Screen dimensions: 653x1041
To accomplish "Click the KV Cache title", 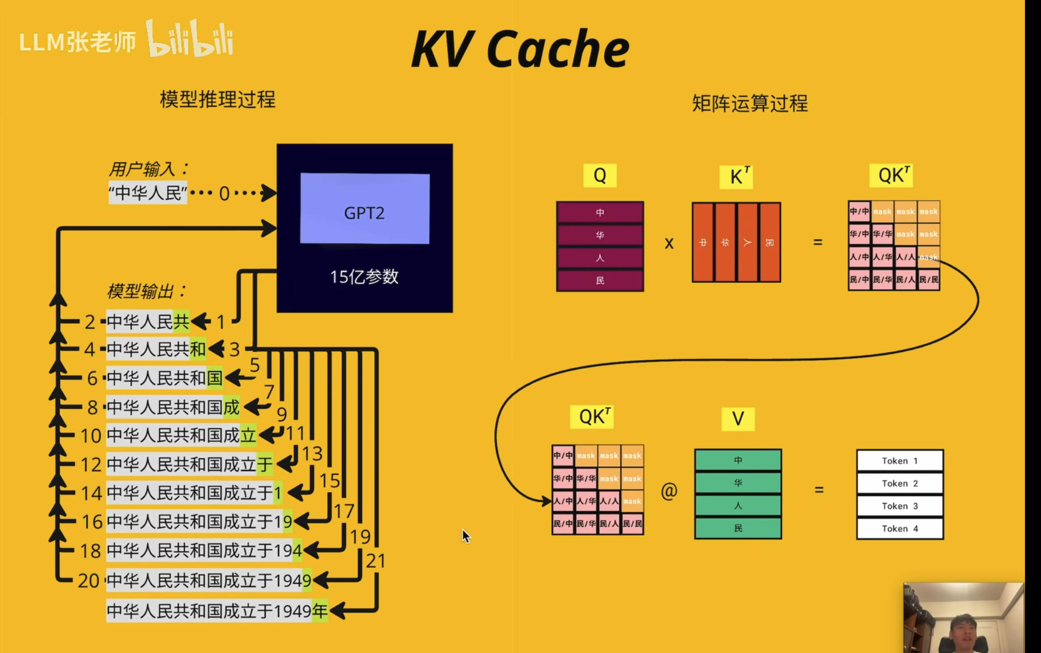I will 520,49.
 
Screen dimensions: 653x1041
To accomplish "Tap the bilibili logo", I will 190,39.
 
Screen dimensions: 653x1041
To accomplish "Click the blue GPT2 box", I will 365,209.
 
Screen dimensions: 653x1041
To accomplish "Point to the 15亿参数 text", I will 364,277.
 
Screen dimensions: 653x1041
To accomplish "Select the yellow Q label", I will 600,176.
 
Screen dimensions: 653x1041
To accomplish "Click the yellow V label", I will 738,418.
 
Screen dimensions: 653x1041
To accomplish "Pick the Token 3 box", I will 900,506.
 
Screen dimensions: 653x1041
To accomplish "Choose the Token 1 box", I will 900,460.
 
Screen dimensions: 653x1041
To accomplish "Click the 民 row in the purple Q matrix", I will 600,281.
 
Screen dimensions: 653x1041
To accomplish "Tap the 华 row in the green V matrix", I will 738,483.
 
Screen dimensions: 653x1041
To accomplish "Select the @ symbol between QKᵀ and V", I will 669,491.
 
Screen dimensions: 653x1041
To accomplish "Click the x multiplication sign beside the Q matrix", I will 669,244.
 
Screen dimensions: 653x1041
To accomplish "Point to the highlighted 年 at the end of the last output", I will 320,611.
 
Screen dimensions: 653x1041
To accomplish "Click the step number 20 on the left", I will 88,581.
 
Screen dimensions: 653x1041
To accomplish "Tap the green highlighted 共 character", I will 181,321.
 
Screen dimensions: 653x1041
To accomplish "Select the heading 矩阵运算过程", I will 750,104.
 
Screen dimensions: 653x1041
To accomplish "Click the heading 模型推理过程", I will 218,99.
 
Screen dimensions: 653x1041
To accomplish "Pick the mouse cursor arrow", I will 466,536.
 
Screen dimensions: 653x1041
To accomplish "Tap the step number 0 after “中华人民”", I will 224,194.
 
